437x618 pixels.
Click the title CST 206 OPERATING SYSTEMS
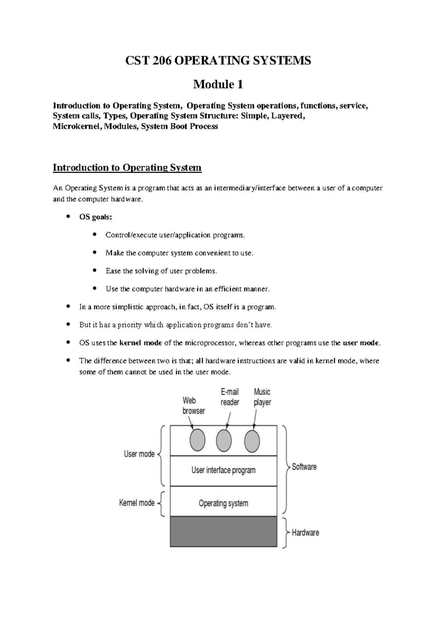point(218,60)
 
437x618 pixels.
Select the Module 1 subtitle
point(218,85)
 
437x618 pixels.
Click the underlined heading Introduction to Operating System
point(127,168)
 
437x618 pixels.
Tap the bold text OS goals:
point(96,217)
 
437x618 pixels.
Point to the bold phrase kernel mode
point(141,343)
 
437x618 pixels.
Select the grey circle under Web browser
point(197,440)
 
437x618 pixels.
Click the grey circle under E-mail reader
point(224,441)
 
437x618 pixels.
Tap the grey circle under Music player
point(252,441)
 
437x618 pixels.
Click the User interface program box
point(224,470)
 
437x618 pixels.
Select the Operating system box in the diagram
point(224,503)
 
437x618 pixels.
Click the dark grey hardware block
point(224,531)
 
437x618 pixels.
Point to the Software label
point(304,467)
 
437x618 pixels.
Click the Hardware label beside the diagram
point(305,533)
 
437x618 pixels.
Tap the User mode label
point(139,454)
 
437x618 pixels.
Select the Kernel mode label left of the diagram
point(137,503)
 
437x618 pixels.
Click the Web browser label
point(194,406)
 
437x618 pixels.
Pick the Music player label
point(262,397)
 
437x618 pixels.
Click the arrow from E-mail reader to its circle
point(228,420)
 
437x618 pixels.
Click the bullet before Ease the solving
point(95,271)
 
